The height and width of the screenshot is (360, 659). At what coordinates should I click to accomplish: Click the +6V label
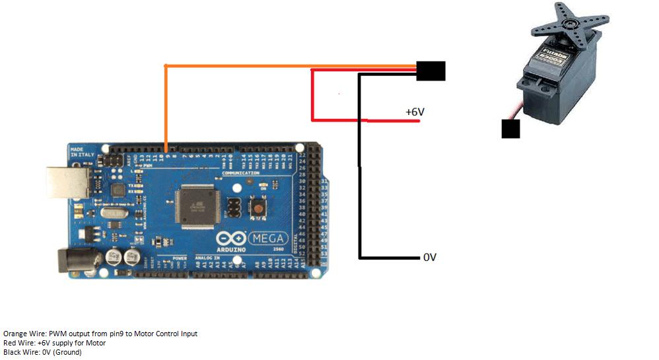click(x=415, y=112)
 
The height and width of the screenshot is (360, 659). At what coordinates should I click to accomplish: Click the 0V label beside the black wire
click(x=430, y=257)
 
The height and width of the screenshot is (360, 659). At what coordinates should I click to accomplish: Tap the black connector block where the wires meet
click(x=431, y=71)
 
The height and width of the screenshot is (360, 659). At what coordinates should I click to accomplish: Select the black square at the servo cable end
click(x=510, y=129)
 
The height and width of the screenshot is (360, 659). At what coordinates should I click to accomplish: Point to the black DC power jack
click(x=73, y=260)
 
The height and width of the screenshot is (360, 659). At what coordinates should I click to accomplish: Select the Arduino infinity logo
click(x=231, y=238)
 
